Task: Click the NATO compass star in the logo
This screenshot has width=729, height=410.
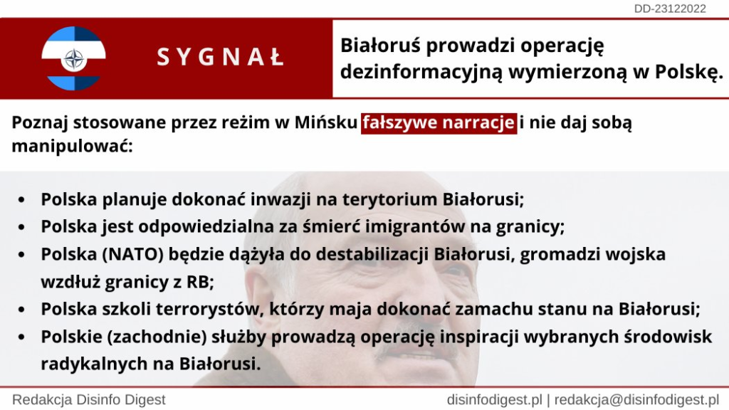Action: pyautogui.click(x=73, y=59)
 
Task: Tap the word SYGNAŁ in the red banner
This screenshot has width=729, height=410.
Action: pyautogui.click(x=221, y=58)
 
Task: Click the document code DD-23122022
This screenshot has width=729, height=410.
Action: pyautogui.click(x=670, y=9)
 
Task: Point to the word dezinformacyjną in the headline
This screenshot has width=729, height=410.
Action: pyautogui.click(x=421, y=72)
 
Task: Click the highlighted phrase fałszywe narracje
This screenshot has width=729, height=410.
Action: pyautogui.click(x=439, y=122)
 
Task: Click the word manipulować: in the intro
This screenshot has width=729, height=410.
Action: pyautogui.click(x=72, y=146)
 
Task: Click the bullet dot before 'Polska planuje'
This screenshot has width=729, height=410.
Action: pyautogui.click(x=21, y=200)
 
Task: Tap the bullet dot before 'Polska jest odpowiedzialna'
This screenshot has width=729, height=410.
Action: pyautogui.click(x=21, y=228)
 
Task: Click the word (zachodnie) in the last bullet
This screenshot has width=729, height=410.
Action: pyautogui.click(x=157, y=337)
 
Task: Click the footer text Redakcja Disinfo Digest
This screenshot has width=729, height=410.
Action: pyautogui.click(x=89, y=400)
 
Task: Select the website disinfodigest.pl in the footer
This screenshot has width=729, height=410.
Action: pyautogui.click(x=495, y=400)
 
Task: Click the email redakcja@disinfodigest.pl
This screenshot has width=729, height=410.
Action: pyautogui.click(x=637, y=400)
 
